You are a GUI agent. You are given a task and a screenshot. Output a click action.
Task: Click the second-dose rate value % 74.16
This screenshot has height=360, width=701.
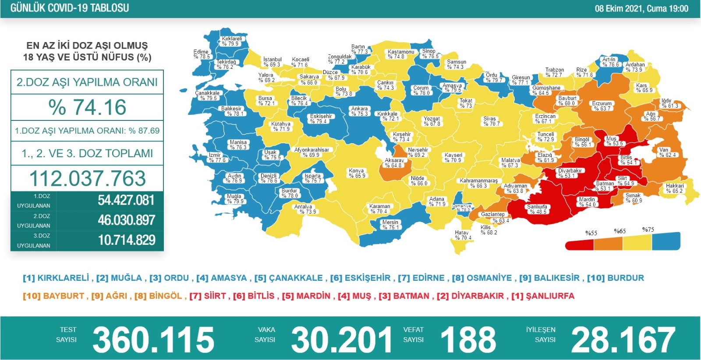click(x=87, y=107)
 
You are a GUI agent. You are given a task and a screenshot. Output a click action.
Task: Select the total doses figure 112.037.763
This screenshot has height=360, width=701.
click(x=87, y=178)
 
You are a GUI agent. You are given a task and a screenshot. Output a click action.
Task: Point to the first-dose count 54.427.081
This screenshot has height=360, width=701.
click(x=126, y=200)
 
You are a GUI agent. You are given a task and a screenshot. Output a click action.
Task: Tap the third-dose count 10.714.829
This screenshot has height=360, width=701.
click(x=126, y=240)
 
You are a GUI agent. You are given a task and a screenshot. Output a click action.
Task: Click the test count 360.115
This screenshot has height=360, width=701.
click(x=153, y=340)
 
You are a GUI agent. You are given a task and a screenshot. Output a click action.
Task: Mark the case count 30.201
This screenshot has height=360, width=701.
click(x=342, y=340)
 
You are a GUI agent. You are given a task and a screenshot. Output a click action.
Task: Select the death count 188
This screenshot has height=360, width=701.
click(x=468, y=340)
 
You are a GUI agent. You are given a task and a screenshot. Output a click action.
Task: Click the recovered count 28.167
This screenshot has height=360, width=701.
click(x=623, y=340)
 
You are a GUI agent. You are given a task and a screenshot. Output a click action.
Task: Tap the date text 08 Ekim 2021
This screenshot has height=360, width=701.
click(x=620, y=8)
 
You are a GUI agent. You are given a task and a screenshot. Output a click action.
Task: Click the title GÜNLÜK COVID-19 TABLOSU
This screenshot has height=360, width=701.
click(x=70, y=8)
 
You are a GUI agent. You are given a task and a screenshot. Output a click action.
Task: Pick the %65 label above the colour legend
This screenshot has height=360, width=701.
click(x=620, y=231)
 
